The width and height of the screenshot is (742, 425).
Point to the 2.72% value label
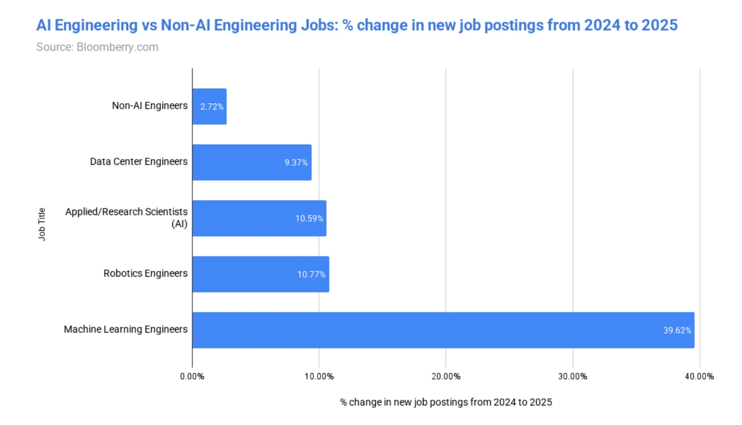pyautogui.click(x=212, y=107)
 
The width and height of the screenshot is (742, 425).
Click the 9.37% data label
pyautogui.click(x=296, y=163)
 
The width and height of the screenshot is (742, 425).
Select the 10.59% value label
pyautogui.click(x=309, y=219)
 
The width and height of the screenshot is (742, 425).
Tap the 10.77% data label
pyautogui.click(x=311, y=274)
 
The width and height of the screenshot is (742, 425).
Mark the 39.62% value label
pyautogui.click(x=677, y=330)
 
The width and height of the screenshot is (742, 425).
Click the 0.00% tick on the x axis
pyautogui.click(x=192, y=376)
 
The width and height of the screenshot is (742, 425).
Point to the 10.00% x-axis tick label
pyautogui.click(x=319, y=376)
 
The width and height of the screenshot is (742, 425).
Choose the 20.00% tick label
pyautogui.click(x=446, y=376)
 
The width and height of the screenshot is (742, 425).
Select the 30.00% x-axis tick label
pyautogui.click(x=573, y=376)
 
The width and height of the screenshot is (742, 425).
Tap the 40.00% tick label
pyautogui.click(x=699, y=376)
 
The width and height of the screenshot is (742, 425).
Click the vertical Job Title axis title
pyautogui.click(x=42, y=224)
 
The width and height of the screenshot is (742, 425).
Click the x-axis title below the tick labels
pyautogui.click(x=446, y=402)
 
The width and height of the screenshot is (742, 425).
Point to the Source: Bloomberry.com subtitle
pyautogui.click(x=97, y=47)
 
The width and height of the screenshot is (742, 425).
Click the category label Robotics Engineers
pyautogui.click(x=145, y=274)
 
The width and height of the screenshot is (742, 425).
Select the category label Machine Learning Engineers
pyautogui.click(x=126, y=329)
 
